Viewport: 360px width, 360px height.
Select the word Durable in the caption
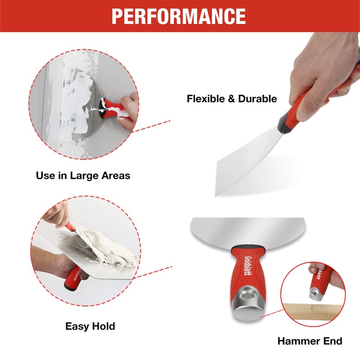[x=257, y=99]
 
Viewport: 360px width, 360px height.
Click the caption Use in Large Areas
[x=83, y=175]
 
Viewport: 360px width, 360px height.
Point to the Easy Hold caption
[x=90, y=326]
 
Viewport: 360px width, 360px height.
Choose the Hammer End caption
[x=310, y=341]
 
